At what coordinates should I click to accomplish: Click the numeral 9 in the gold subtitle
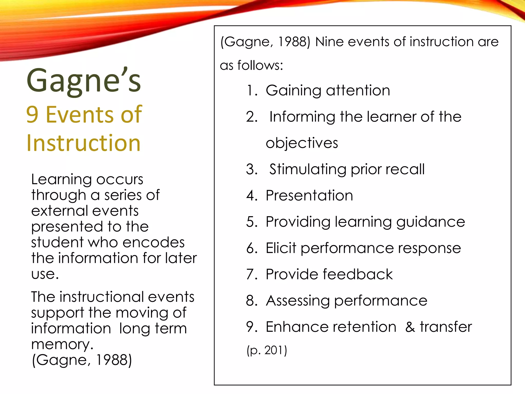32,115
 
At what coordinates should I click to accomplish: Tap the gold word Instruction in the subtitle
84,143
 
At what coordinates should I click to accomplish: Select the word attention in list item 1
358,91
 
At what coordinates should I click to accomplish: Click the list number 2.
251,117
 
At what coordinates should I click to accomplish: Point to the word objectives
302,143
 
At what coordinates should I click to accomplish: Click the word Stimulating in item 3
308,169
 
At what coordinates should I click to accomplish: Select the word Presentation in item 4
309,195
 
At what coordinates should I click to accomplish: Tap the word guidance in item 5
430,222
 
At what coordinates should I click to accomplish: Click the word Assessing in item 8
298,301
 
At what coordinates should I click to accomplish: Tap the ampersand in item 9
410,327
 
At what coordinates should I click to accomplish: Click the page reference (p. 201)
267,350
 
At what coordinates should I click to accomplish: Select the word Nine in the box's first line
329,42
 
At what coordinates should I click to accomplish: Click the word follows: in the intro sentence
260,65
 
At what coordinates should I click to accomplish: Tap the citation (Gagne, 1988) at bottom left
82,360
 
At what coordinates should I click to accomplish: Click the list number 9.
251,327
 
